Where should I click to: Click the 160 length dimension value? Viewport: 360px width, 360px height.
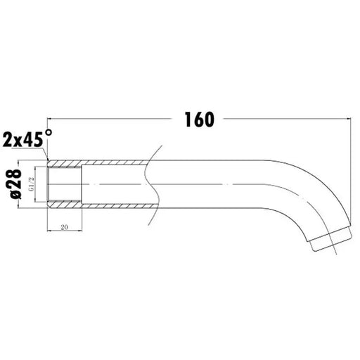point(200,120)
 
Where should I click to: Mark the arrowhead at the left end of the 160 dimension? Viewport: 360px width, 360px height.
point(50,119)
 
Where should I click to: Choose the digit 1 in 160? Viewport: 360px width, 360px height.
point(188,120)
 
